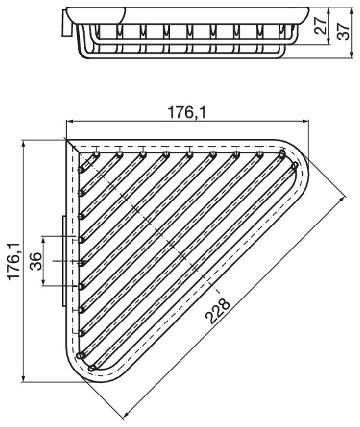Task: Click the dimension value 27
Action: [321, 25]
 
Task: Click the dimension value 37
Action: [343, 31]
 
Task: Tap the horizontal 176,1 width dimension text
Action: [187, 112]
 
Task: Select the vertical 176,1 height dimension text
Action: [14, 261]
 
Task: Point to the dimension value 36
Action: [36, 261]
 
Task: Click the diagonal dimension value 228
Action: [218, 311]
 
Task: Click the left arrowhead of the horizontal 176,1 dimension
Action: [70, 121]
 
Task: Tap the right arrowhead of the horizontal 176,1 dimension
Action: [306, 121]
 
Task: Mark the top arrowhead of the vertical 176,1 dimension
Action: [23, 144]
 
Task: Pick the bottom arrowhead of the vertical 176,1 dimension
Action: [23, 378]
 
